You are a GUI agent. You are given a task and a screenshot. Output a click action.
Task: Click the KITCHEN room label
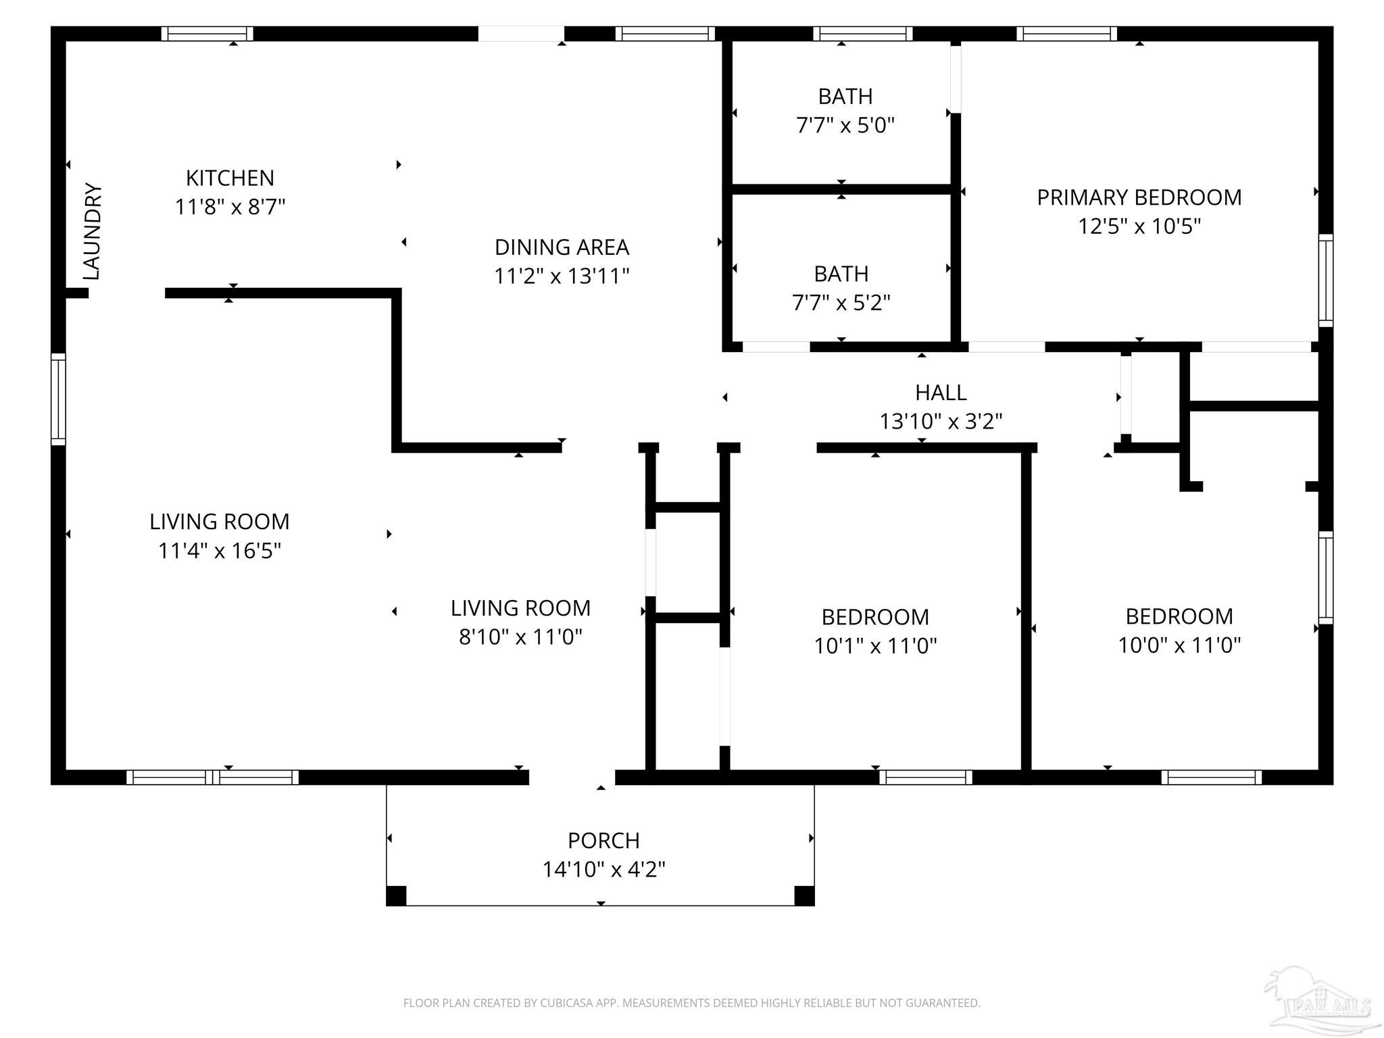[x=230, y=178]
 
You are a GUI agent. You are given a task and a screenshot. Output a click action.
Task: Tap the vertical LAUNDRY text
[x=92, y=231]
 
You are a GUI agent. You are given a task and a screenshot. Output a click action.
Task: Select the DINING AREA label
[x=562, y=247]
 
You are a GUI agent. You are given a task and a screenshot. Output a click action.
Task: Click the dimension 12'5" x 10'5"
[x=1139, y=226]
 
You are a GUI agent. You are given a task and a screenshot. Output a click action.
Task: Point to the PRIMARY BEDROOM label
[x=1139, y=197]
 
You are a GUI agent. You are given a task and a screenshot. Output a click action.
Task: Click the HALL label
[x=941, y=393]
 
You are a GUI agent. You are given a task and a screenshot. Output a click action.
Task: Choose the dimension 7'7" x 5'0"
[x=845, y=125]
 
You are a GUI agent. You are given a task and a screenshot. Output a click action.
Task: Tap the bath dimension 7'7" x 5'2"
[x=841, y=302]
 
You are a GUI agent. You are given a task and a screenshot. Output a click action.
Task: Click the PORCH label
[x=603, y=841]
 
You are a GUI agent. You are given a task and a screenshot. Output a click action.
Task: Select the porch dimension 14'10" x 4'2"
[x=603, y=869]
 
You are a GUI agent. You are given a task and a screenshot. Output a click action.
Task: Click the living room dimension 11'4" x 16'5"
[x=219, y=551]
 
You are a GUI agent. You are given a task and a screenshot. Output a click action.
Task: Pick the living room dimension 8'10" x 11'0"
[x=520, y=637]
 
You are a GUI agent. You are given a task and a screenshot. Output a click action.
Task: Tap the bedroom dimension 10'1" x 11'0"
[x=875, y=645]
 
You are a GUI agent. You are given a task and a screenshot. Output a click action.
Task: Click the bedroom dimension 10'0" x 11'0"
[x=1179, y=645]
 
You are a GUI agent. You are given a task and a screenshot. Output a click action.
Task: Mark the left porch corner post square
[x=396, y=895]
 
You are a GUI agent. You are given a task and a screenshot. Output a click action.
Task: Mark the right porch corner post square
[x=804, y=895]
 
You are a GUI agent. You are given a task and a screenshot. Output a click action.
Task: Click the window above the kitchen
[x=207, y=34]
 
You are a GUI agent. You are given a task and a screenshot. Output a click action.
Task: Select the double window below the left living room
[x=212, y=777]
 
